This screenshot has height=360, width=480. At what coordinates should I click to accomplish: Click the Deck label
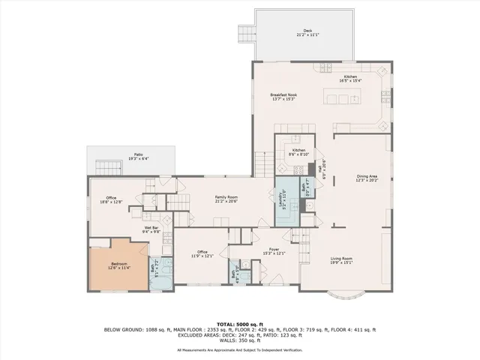(x=303, y=32)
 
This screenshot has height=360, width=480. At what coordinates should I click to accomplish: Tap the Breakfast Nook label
(x=286, y=97)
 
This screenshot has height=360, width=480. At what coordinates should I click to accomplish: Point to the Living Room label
(x=341, y=261)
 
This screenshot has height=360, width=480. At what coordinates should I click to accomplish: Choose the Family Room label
(x=226, y=198)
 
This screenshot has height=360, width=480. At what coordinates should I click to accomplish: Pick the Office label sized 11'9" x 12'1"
(x=202, y=253)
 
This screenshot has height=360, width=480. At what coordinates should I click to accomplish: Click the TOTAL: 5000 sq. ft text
(x=239, y=323)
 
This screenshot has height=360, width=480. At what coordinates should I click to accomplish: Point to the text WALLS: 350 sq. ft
(x=239, y=341)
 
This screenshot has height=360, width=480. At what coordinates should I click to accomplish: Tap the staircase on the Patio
(x=112, y=166)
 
